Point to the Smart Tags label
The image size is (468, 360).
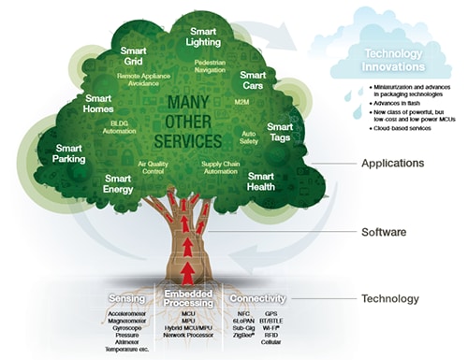(280, 132)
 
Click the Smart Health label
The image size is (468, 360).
(261, 181)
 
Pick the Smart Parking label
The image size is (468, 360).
(69, 153)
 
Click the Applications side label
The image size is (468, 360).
(392, 163)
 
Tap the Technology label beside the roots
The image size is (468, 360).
(391, 299)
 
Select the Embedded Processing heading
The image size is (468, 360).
(196, 299)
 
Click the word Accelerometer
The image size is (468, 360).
(126, 313)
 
